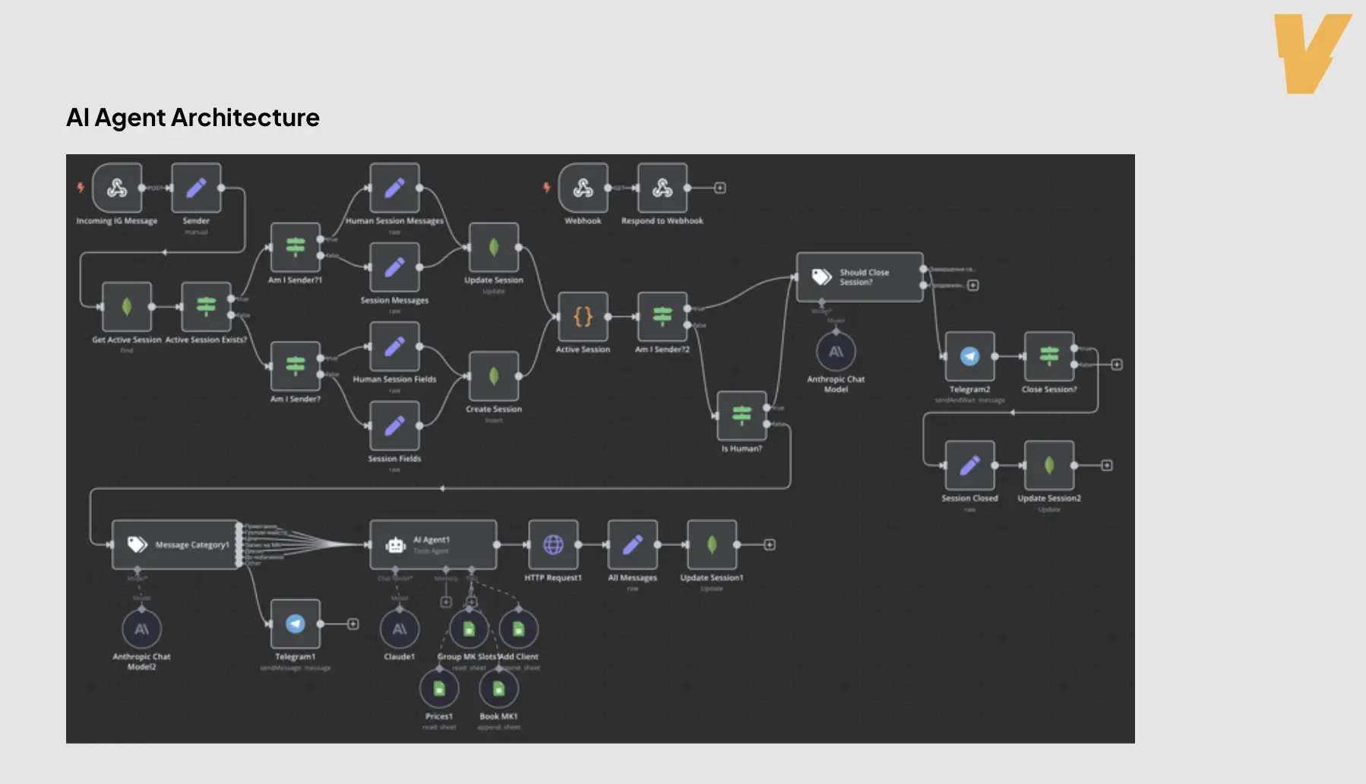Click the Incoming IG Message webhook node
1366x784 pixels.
117,188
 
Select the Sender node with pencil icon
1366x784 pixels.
196,188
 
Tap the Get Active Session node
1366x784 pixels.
127,307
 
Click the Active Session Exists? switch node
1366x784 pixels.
206,307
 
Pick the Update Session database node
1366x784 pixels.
494,248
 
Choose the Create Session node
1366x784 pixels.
494,376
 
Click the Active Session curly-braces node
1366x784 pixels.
583,317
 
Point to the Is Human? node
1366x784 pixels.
741,416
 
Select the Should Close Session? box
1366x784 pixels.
859,277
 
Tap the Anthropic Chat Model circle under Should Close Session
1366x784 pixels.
836,352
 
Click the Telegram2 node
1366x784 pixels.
969,356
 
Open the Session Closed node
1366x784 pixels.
969,465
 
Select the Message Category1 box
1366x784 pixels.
175,545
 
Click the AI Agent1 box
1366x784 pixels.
433,545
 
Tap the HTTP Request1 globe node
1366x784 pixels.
553,545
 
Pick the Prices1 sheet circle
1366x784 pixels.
439,688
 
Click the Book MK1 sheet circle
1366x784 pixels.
498,688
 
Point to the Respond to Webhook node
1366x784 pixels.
662,188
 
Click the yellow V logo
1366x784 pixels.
1311,53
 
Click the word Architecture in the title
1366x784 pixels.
245,118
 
